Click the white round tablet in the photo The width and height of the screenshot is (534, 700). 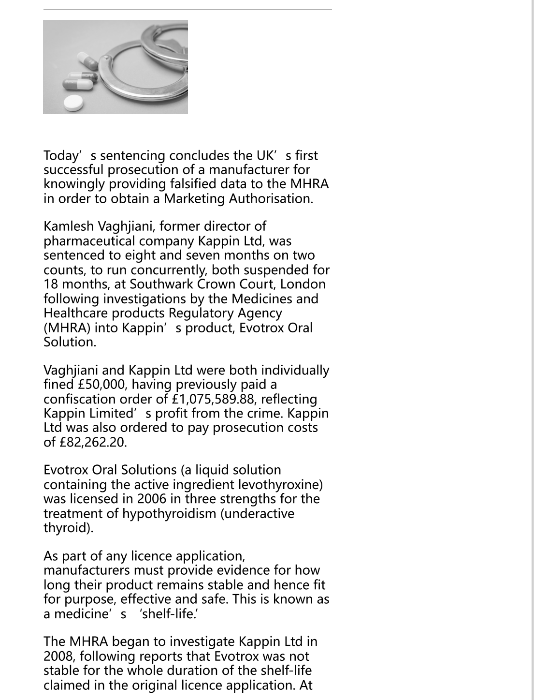coord(73,103)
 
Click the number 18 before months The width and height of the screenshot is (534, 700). coord(50,284)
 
